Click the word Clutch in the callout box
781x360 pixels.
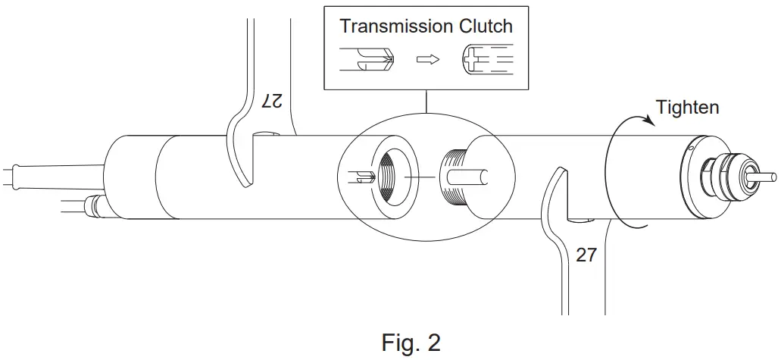486,26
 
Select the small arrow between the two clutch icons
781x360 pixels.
428,60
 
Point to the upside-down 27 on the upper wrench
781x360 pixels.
270,101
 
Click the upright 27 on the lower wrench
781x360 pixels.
586,255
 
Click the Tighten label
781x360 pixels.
687,108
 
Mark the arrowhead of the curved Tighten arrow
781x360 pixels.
645,118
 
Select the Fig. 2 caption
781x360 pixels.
411,343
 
